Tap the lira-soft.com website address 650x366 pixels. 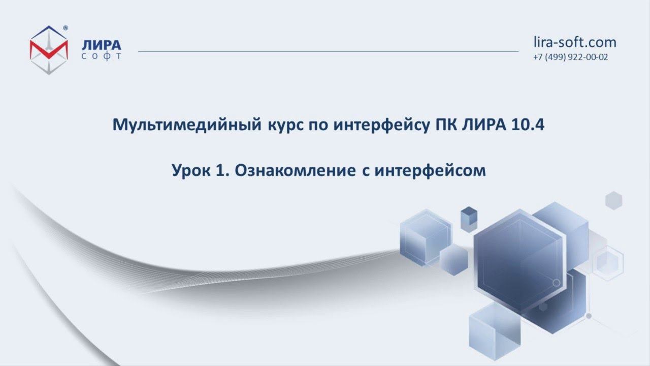[x=575, y=42]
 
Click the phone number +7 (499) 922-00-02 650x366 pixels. [x=570, y=57]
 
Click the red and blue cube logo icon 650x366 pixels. [x=49, y=50]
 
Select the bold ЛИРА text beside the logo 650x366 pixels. [x=102, y=45]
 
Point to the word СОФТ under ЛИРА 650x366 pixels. [x=102, y=56]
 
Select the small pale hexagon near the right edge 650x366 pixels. [x=613, y=200]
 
